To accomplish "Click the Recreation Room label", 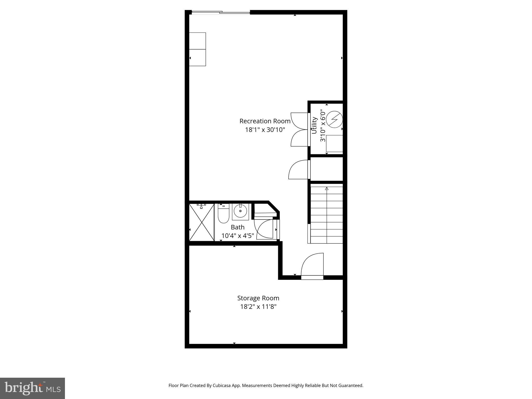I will tap(265, 121).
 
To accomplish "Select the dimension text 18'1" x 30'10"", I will tap(265, 130).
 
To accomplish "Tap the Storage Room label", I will tap(258, 298).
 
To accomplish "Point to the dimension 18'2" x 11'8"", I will tap(258, 307).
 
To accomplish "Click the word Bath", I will tap(237, 227).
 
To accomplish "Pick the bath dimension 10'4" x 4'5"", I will tap(237, 236).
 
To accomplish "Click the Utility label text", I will tap(314, 125).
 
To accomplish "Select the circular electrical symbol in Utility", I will tap(334, 119).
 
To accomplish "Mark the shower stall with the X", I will tap(202, 222).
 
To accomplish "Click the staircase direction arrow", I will tap(327, 189).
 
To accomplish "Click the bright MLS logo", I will tap(32, 388).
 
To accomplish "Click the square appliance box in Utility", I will tap(334, 143).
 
